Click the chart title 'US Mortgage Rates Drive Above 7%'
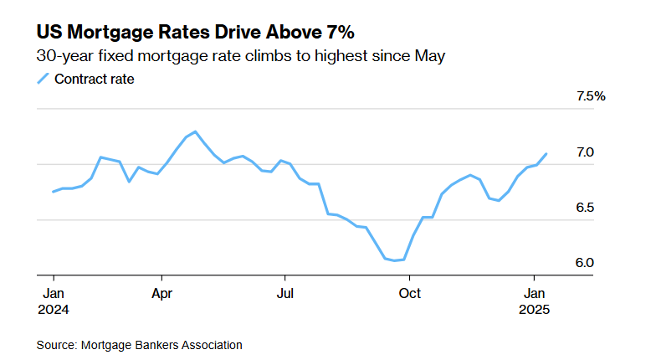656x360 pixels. point(195,33)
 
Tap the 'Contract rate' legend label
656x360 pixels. point(95,80)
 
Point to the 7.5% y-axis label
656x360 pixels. point(590,97)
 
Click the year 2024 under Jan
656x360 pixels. point(54,309)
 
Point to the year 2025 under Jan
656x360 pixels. point(536,309)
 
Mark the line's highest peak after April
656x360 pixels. point(195,131)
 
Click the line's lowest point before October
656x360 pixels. point(394,260)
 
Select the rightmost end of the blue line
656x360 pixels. point(546,154)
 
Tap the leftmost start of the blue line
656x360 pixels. point(54,192)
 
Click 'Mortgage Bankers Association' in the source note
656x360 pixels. point(161,344)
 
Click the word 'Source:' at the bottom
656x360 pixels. point(56,344)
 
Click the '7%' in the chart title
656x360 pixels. point(338,33)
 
